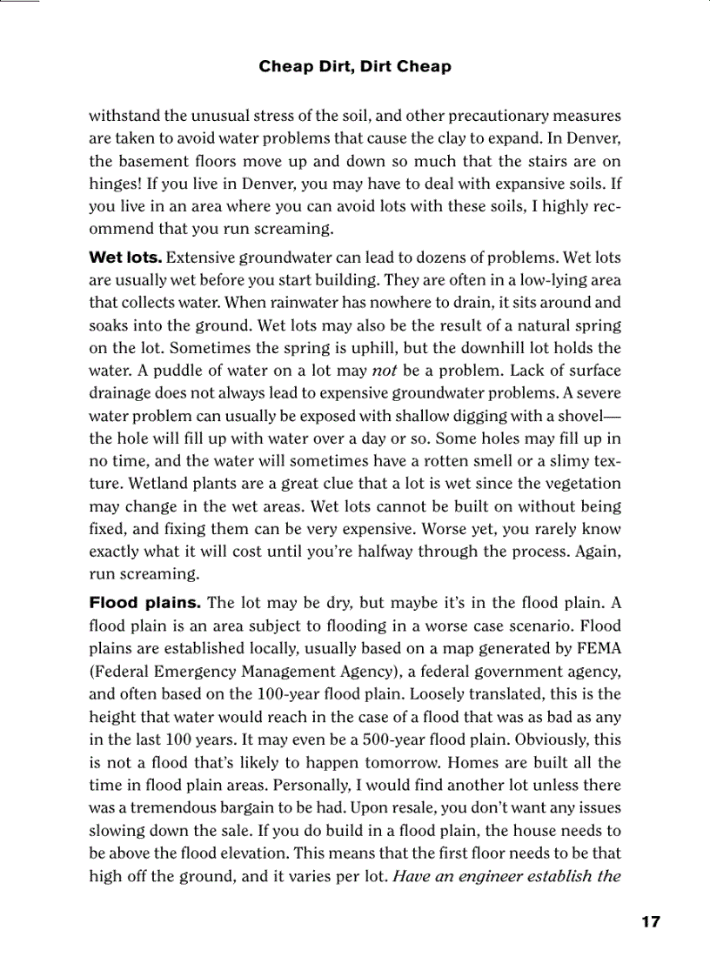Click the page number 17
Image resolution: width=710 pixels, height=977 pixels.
pos(650,922)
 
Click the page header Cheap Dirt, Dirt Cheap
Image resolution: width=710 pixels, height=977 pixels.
pos(355,67)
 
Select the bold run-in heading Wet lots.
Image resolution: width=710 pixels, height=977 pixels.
pos(125,258)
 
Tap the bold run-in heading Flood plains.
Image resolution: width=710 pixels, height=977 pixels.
pos(145,603)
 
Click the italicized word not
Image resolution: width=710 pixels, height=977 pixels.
pos(385,371)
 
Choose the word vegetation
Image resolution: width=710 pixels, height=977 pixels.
pos(578,484)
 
